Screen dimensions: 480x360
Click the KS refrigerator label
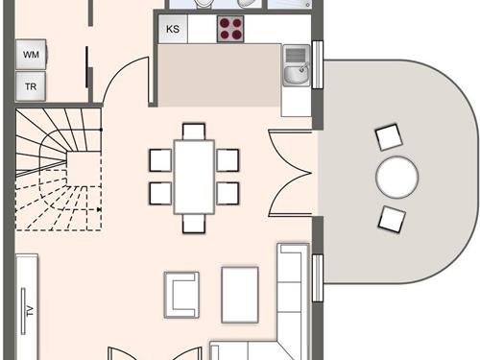tap(173, 29)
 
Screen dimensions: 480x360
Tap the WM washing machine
tap(31, 55)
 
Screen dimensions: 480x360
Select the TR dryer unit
tap(31, 86)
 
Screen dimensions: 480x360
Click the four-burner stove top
tap(230, 29)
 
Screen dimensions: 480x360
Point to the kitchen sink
tap(297, 65)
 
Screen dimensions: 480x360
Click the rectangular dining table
tap(194, 177)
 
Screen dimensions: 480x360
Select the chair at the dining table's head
tap(194, 132)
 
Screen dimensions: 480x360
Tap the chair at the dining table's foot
tap(194, 224)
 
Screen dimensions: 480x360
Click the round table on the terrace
tap(396, 177)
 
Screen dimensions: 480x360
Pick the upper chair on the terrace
tap(389, 137)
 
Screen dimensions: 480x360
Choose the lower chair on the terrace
tap(392, 220)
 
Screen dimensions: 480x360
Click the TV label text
tap(30, 311)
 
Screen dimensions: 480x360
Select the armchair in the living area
tap(181, 295)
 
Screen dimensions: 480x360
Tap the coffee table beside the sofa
tap(240, 295)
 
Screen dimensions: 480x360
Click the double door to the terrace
tap(290, 173)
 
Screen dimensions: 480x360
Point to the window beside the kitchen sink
tap(318, 64)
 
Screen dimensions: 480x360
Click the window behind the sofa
tap(318, 278)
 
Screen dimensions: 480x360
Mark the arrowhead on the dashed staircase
tap(99, 209)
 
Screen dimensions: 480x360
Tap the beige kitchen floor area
tap(220, 75)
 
